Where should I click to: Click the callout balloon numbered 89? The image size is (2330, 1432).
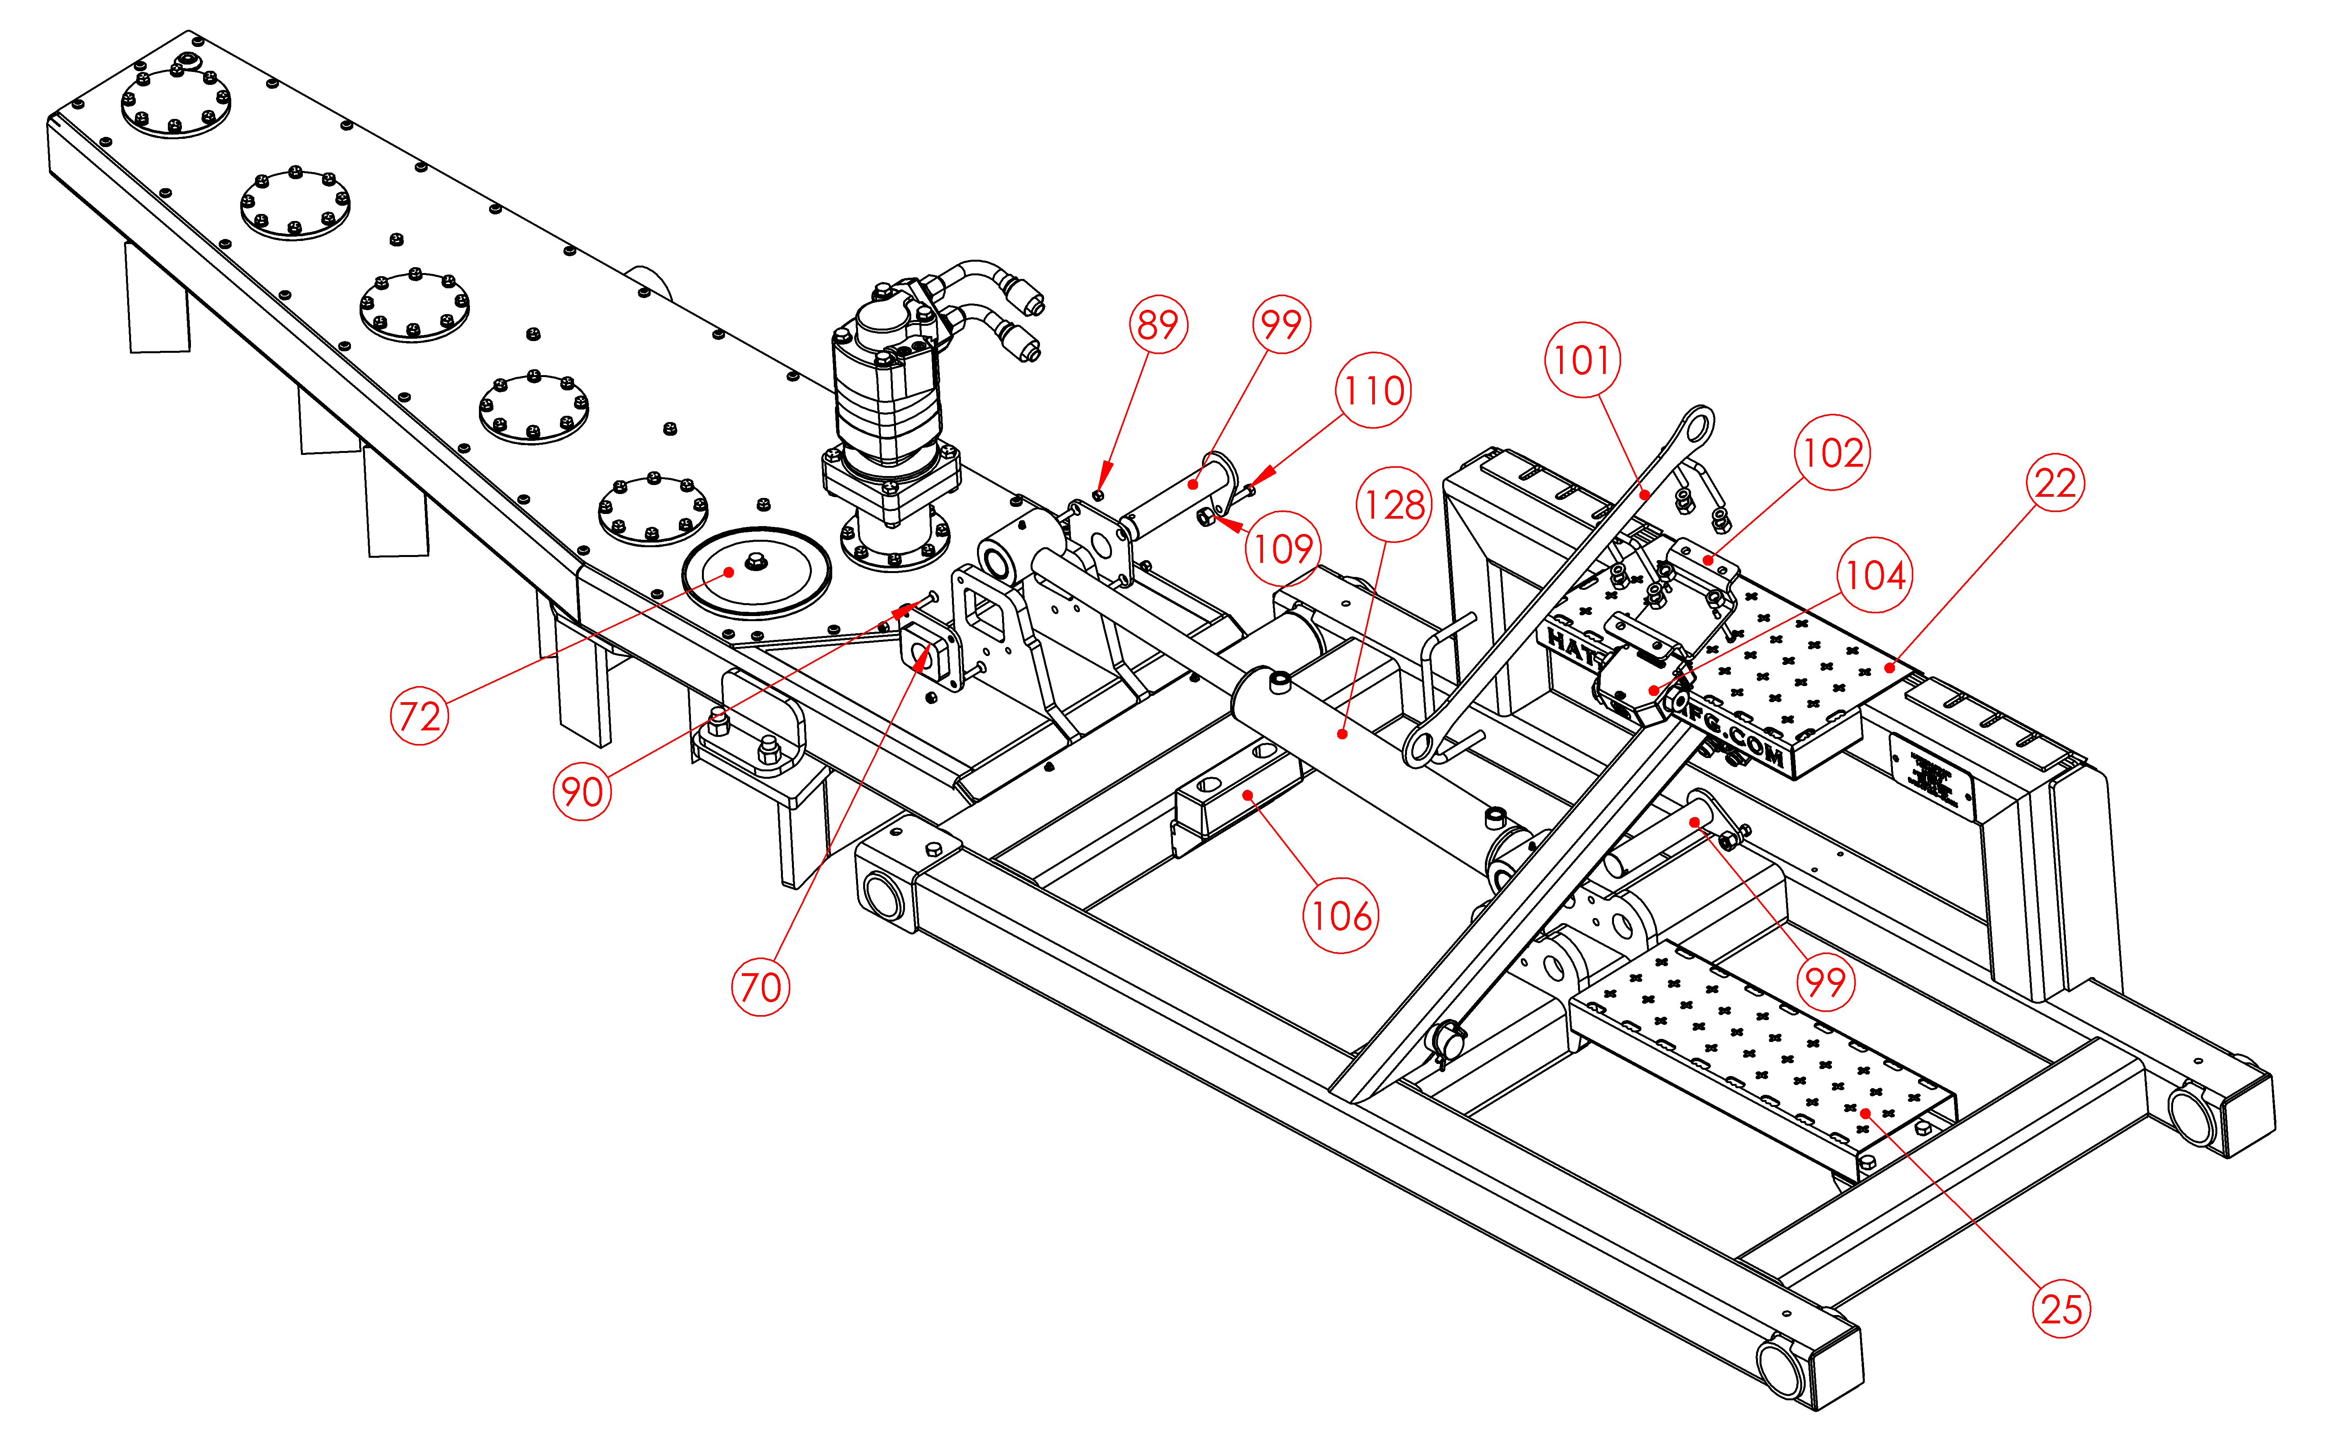click(1157, 325)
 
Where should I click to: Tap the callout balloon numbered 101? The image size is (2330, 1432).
click(1582, 360)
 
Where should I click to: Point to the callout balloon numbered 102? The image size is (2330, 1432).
click(1832, 453)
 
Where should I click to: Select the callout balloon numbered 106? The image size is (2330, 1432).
click(1341, 915)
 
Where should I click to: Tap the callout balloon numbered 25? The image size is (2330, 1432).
click(2061, 1309)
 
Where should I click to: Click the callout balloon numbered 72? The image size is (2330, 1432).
click(419, 716)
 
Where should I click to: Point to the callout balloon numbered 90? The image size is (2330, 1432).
click(581, 791)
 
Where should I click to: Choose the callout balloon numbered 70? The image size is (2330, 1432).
click(759, 987)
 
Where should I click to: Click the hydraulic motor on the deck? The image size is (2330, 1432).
click(890, 379)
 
